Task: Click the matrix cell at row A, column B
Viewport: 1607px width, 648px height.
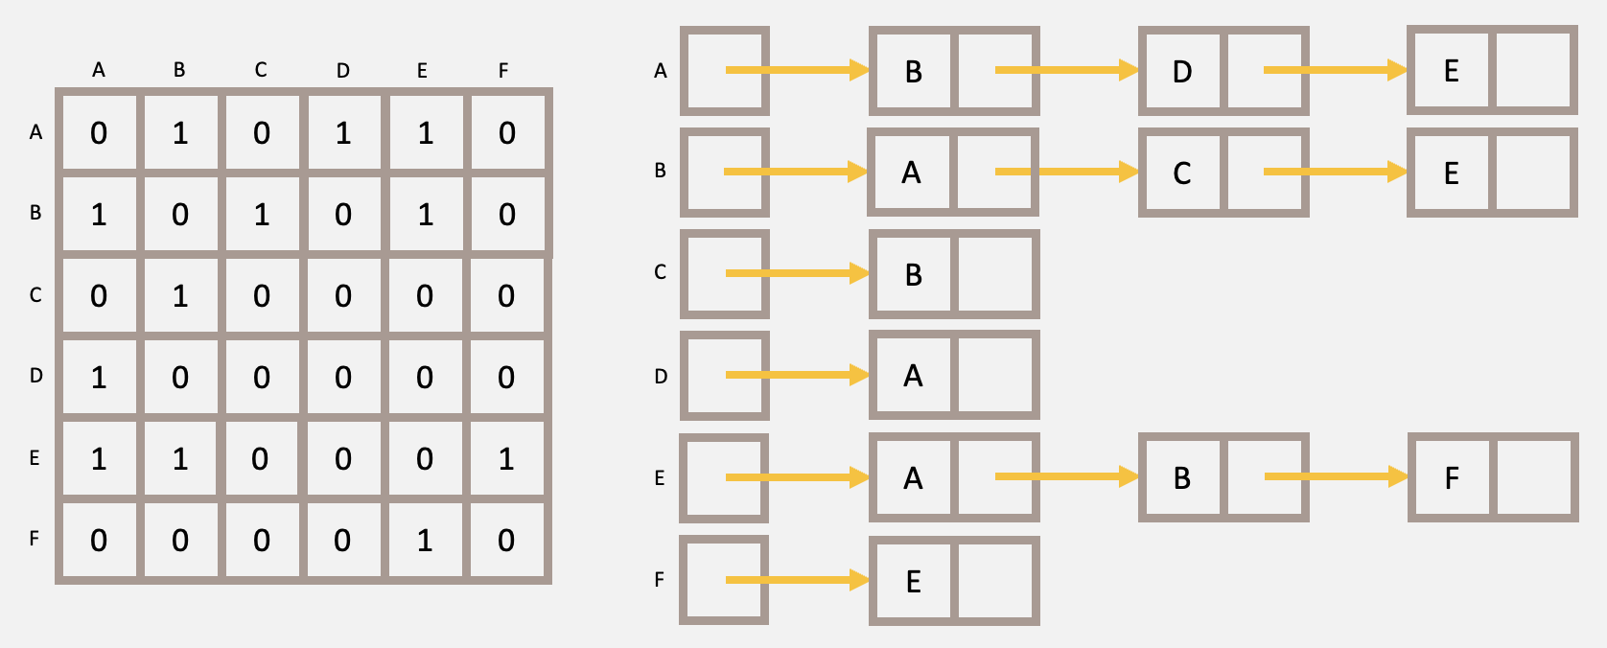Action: [x=180, y=133]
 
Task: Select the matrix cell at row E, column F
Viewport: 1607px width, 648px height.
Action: [x=506, y=459]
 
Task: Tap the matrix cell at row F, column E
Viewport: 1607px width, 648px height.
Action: [x=425, y=541]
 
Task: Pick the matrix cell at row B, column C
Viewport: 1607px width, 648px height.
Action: [x=262, y=215]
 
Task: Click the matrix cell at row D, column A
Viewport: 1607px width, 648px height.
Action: [x=99, y=378]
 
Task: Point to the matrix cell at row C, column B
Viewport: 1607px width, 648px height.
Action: [x=180, y=296]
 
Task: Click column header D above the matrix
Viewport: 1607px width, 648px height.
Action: [x=343, y=70]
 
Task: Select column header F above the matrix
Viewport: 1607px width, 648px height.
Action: [x=503, y=70]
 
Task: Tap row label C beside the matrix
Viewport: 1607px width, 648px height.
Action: [x=35, y=295]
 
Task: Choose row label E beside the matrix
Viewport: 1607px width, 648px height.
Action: [x=35, y=458]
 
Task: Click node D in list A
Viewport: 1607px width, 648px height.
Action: [x=1182, y=72]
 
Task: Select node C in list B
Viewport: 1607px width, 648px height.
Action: [x=1182, y=174]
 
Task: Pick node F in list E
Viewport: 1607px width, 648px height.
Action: [x=1452, y=478]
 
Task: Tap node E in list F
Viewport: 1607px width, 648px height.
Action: [x=914, y=582]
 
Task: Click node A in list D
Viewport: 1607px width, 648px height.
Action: [x=913, y=376]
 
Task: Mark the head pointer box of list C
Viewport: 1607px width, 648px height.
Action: [x=725, y=274]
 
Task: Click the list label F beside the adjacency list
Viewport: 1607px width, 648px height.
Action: [x=659, y=580]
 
